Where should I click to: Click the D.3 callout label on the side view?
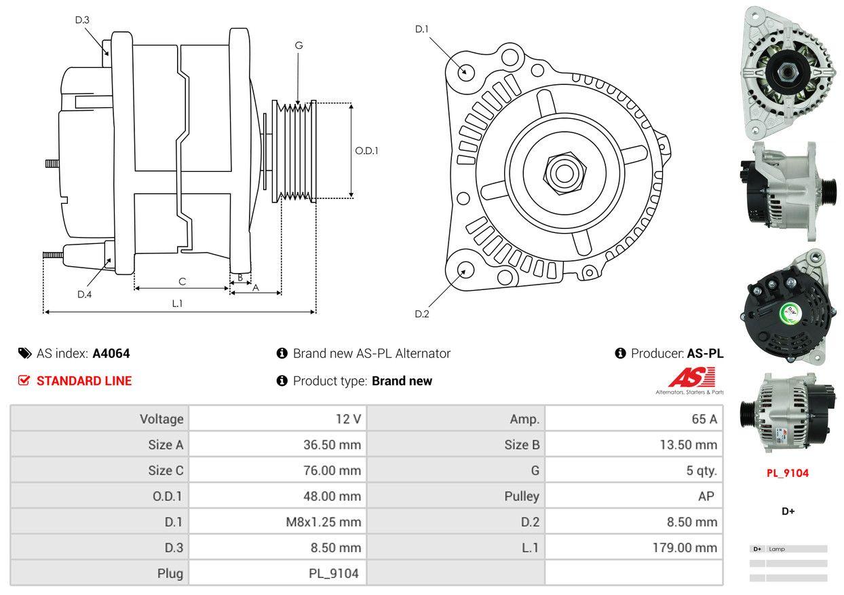click(82, 20)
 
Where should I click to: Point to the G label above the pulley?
click(299, 46)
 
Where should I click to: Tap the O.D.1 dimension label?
click(366, 151)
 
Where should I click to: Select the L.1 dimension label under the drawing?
click(177, 304)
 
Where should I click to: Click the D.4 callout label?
click(84, 294)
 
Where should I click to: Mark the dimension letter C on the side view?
click(182, 281)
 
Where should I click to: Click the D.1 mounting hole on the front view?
click(465, 71)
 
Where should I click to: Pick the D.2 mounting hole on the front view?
click(465, 270)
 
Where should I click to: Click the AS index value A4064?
click(111, 353)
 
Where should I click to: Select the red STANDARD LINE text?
click(84, 381)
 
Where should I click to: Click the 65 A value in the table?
click(704, 419)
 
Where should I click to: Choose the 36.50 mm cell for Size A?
click(332, 445)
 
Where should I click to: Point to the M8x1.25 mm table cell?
click(323, 522)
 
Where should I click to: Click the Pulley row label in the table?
click(522, 496)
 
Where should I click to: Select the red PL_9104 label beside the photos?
click(788, 473)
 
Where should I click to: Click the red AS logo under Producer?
click(691, 378)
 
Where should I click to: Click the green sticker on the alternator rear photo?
click(791, 313)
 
